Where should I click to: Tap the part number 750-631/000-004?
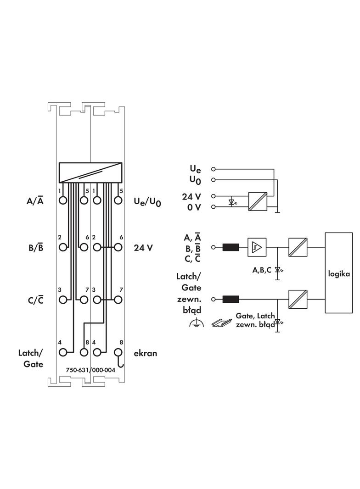pos(90,370)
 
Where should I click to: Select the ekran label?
pos(146,353)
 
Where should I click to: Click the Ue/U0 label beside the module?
pos(147,201)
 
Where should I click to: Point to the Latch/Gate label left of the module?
pos(31,358)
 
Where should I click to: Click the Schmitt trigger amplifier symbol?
pos(257,247)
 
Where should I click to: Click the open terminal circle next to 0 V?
pos(213,207)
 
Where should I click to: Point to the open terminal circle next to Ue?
pos(213,169)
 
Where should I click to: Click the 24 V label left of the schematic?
pos(191,197)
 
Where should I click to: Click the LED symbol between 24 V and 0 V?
pos(233,202)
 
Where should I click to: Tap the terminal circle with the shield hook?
pos(118,352)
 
